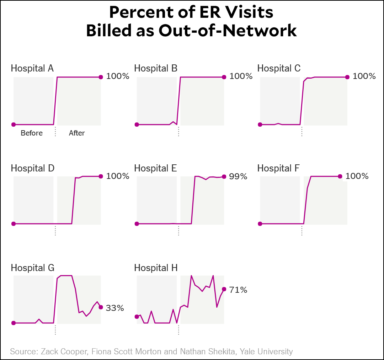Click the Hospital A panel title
coord(32,68)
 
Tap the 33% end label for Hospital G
coord(115,308)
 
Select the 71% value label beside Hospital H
coord(238,290)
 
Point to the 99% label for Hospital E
coord(238,176)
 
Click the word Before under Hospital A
coord(32,133)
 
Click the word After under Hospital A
coord(77,133)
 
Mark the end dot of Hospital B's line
coord(224,77)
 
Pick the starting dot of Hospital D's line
coord(14,224)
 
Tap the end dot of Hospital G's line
coord(101,307)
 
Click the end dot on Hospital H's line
coord(224,289)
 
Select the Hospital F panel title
coord(278,168)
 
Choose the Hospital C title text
coord(279,68)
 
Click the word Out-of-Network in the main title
coord(228,31)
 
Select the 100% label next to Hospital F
coord(357,176)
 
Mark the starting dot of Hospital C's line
coord(260,125)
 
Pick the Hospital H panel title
coord(156,268)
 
